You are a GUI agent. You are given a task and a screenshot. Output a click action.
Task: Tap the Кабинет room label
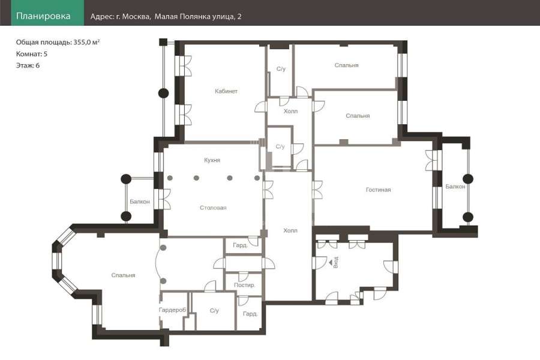point(226,91)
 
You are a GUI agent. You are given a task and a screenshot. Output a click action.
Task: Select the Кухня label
point(212,160)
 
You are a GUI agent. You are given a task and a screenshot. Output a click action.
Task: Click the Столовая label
point(213,208)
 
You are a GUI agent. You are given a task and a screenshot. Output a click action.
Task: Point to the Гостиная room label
point(378,190)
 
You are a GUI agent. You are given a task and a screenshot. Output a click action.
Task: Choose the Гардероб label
point(172,310)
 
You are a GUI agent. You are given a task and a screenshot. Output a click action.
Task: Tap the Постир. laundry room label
point(245,285)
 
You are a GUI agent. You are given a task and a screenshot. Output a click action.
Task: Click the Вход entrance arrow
point(331,263)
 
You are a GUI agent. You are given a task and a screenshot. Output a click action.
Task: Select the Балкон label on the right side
point(455,187)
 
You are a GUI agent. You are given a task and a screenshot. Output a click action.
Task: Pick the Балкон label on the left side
point(140,202)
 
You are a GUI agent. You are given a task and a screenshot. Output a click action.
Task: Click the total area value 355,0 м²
point(87,43)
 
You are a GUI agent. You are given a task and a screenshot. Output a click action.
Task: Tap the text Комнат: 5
point(32,54)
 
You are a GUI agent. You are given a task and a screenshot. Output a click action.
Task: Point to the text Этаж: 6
point(28,65)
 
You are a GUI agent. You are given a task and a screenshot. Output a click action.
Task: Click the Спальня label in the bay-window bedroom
point(123,275)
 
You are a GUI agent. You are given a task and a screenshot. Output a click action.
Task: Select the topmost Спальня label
point(346,65)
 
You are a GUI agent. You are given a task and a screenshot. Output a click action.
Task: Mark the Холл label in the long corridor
point(290,230)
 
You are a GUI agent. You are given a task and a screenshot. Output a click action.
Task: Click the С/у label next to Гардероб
point(214,311)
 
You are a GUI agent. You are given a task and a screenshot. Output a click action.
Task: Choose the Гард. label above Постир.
point(241,245)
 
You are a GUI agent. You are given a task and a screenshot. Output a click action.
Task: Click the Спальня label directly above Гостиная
point(358,116)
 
